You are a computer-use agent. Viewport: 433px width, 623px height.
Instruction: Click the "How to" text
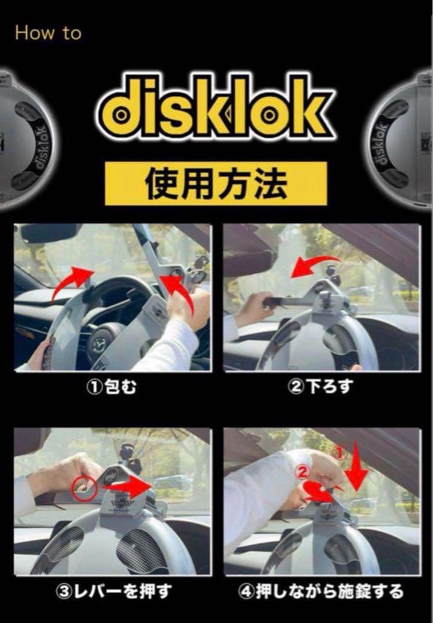[48, 33]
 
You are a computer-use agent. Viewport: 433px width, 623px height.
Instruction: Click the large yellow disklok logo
[216, 110]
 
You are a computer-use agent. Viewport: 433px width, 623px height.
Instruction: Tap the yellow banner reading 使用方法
[216, 183]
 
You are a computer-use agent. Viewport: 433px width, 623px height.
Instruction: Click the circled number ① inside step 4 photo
[340, 454]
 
